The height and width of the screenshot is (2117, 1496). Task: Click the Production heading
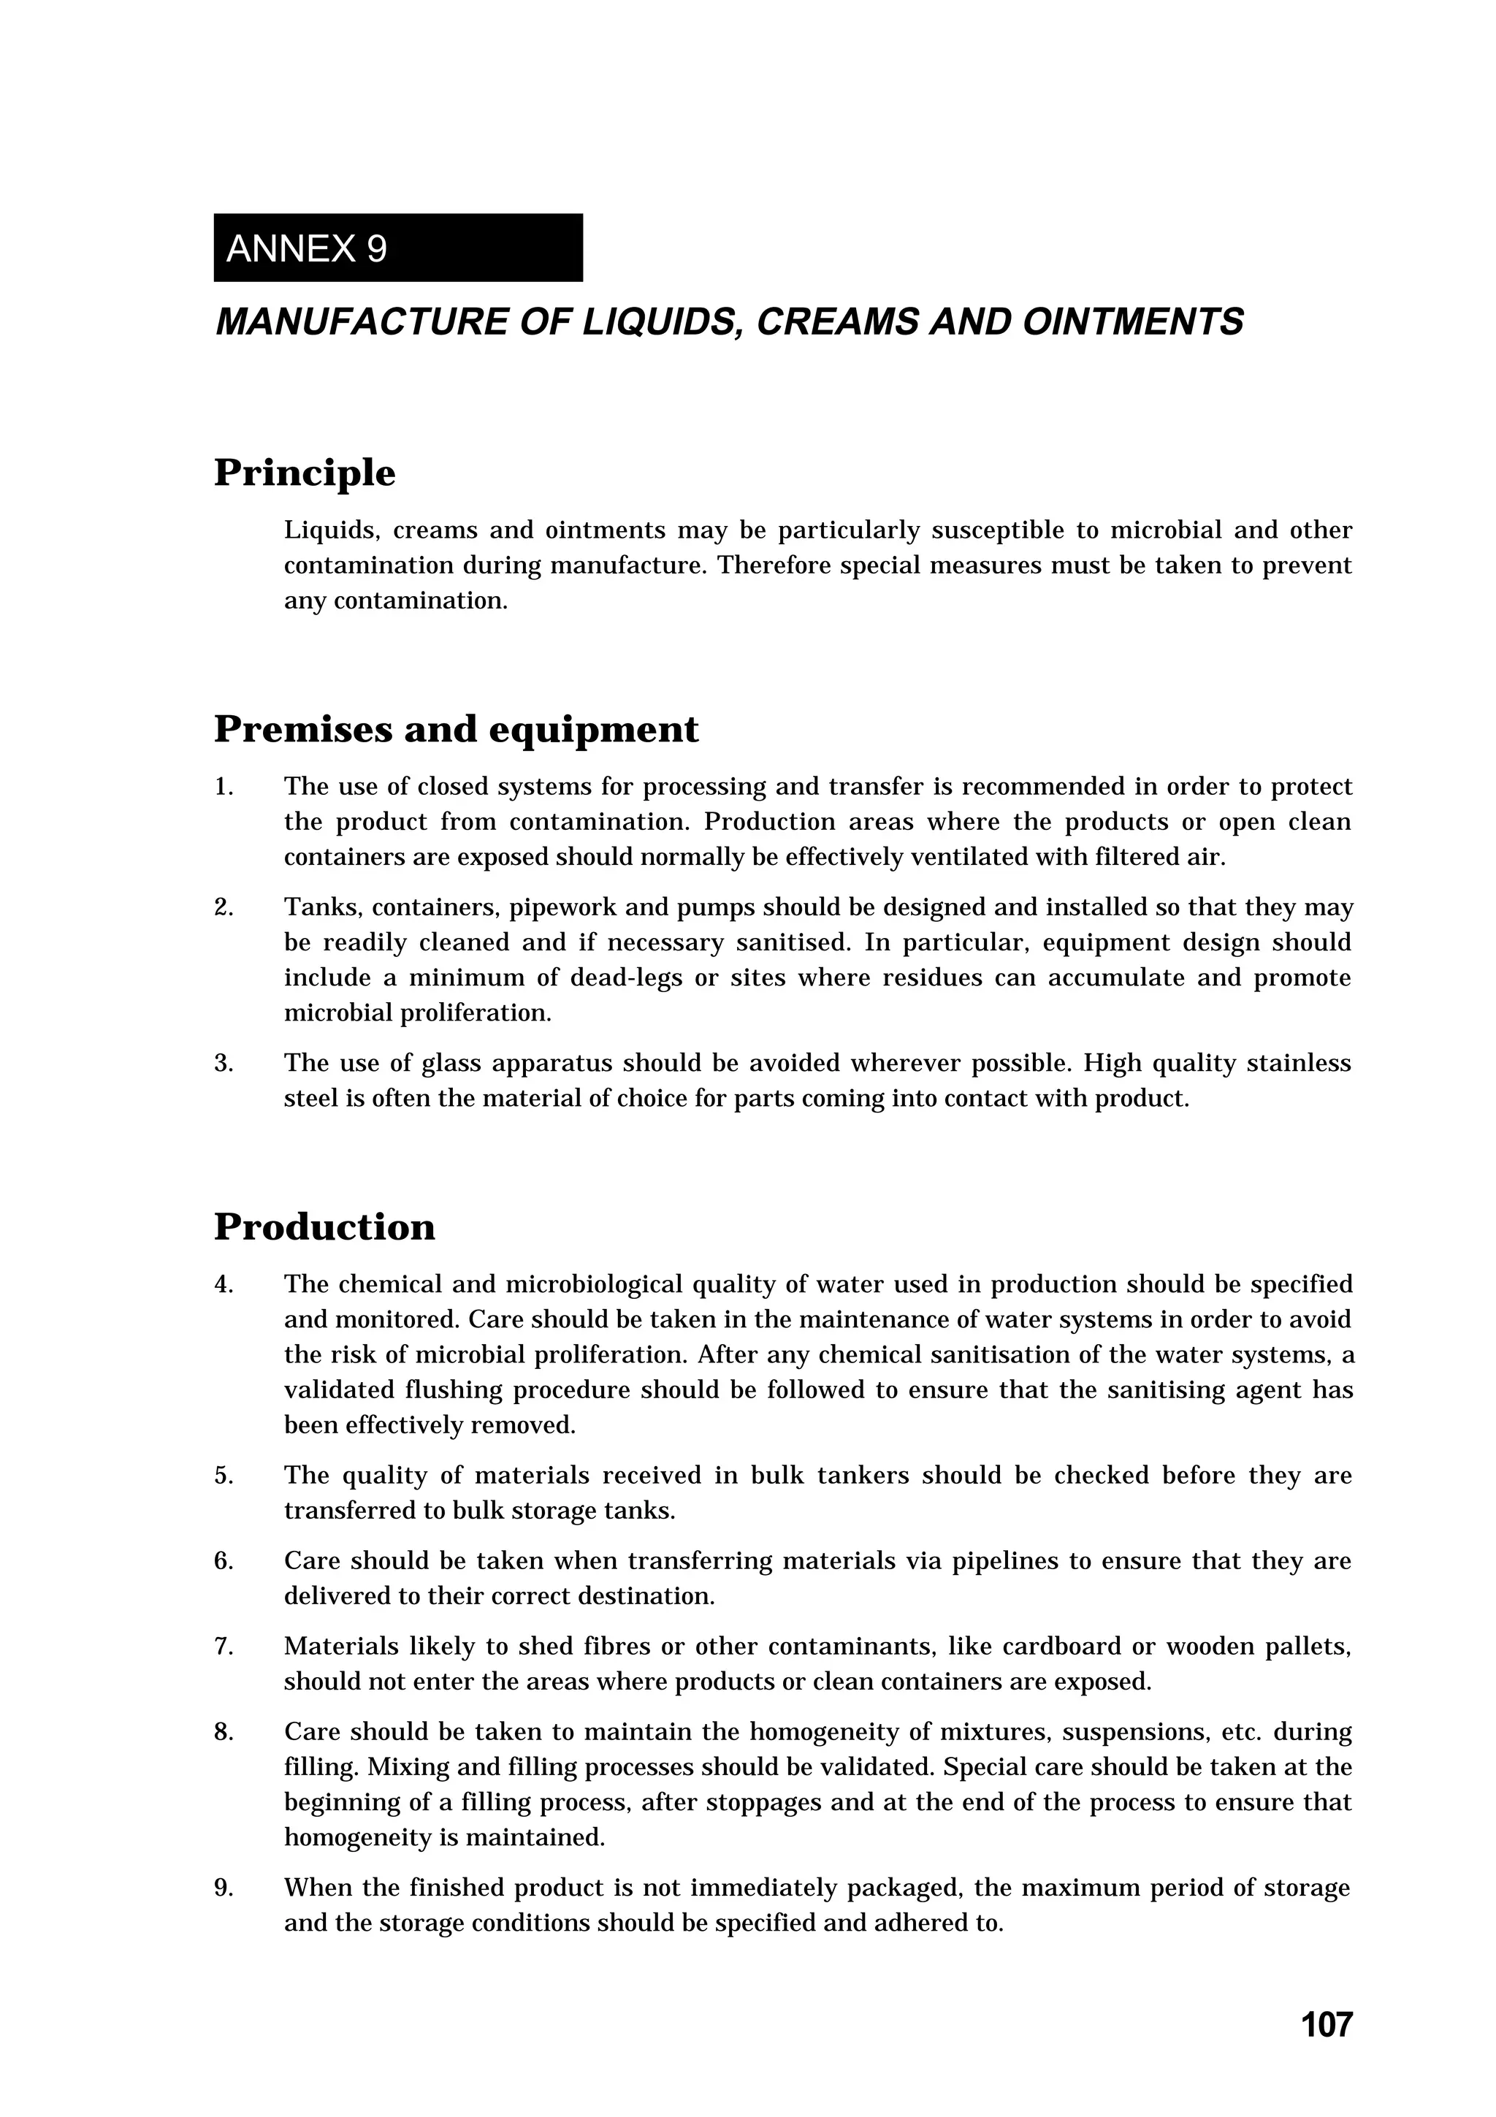[x=324, y=1227]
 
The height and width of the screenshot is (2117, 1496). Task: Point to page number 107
[x=1327, y=2024]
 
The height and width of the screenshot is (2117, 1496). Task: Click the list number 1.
[x=223, y=787]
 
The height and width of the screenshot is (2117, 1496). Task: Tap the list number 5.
[x=223, y=1476]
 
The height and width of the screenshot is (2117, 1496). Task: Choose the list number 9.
[x=223, y=1888]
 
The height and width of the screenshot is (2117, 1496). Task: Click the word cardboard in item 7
[x=1053, y=1647]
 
